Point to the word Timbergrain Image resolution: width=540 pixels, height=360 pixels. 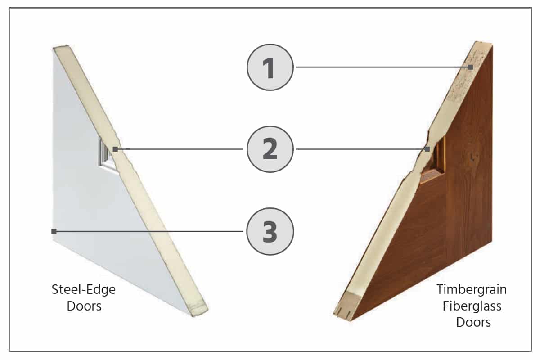tap(472, 289)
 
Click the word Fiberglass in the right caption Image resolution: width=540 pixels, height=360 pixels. tap(472, 306)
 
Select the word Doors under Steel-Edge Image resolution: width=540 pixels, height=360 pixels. tap(84, 306)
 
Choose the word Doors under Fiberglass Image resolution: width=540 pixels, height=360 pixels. tap(472, 323)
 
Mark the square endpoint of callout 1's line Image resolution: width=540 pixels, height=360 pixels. tap(470, 67)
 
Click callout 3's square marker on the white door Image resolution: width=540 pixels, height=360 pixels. tap(54, 231)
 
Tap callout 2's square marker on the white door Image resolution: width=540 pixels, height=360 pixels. tap(116, 149)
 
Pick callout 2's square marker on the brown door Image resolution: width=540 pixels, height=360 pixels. tap(427, 149)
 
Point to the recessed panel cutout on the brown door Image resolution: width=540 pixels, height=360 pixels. tap(436, 157)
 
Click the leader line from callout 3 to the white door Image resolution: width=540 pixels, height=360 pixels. tap(148, 231)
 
